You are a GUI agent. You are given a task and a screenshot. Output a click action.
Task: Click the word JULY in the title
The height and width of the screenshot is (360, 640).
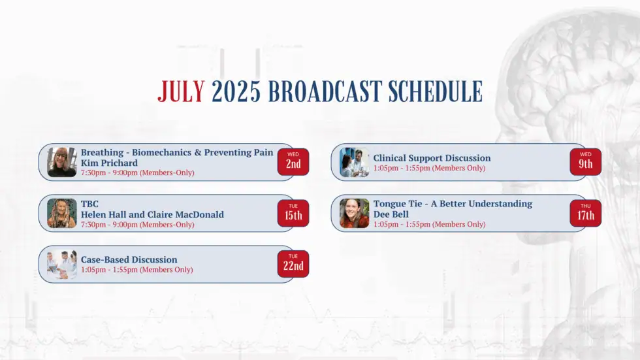pyautogui.click(x=182, y=91)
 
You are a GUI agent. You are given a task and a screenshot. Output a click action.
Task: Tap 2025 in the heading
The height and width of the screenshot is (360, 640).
pyautogui.click(x=236, y=91)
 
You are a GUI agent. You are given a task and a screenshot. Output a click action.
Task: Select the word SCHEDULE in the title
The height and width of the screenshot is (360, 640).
pyautogui.click(x=436, y=91)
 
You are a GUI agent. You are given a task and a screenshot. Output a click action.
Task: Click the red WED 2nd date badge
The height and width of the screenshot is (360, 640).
pyautogui.click(x=293, y=161)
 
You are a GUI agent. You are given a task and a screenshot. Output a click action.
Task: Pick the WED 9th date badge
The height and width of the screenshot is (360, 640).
pyautogui.click(x=586, y=161)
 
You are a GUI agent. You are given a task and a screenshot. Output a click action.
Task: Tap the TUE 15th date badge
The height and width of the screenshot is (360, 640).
pyautogui.click(x=293, y=213)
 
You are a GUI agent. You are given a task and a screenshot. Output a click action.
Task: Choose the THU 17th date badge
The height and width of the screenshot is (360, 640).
pyautogui.click(x=586, y=213)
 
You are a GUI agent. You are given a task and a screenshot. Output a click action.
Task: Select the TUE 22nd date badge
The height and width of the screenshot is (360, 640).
pyautogui.click(x=293, y=264)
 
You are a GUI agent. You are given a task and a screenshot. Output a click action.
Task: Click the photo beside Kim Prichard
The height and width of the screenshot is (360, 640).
pyautogui.click(x=62, y=162)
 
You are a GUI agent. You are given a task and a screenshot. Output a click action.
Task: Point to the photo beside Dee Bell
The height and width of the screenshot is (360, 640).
pyautogui.click(x=354, y=213)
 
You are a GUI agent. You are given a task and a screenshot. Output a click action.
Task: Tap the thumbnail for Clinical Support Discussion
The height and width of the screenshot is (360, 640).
pyautogui.click(x=354, y=162)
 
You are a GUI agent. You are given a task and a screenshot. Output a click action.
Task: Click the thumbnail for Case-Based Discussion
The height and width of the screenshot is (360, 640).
pyautogui.click(x=62, y=264)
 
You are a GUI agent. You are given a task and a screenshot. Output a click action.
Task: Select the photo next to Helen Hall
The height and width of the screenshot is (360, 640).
pyautogui.click(x=62, y=213)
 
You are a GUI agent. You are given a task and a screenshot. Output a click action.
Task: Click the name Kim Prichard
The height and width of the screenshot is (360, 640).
pyautogui.click(x=109, y=163)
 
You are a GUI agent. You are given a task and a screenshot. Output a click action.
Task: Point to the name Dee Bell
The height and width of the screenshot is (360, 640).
pyautogui.click(x=391, y=214)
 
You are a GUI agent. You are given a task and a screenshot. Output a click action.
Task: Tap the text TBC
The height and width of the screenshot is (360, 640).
pyautogui.click(x=89, y=204)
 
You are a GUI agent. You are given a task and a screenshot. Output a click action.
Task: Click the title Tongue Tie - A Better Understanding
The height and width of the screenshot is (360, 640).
pyautogui.click(x=453, y=204)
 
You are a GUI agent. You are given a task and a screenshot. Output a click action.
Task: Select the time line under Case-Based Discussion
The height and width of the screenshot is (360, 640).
pyautogui.click(x=136, y=269)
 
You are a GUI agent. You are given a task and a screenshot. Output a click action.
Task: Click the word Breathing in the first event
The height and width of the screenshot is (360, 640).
pyautogui.click(x=102, y=153)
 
